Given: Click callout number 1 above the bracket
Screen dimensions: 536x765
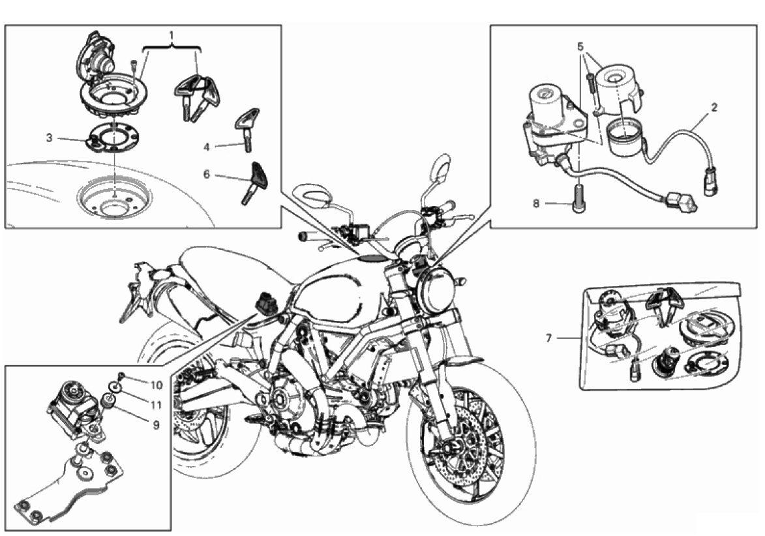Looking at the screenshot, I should click(x=173, y=33).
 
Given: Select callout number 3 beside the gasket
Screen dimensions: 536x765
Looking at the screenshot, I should click(x=49, y=138).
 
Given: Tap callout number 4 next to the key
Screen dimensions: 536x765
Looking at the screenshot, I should click(x=207, y=147).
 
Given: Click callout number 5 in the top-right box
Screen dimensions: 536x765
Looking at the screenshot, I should click(x=580, y=47).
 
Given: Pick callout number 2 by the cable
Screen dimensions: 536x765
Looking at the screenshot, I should click(x=714, y=107).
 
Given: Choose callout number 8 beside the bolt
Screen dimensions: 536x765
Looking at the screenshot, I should click(x=535, y=203).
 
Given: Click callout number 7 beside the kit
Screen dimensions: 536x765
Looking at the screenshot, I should click(x=549, y=338).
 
